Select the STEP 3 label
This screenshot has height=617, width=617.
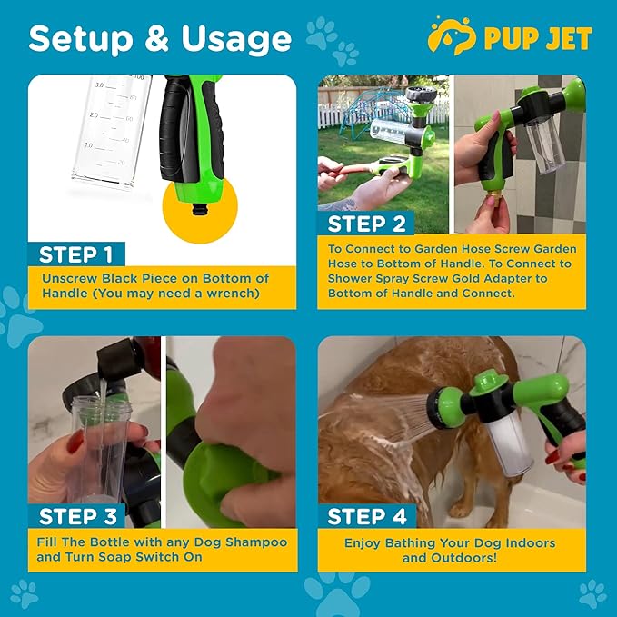[x=77, y=516]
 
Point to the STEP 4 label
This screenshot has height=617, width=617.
[x=367, y=516]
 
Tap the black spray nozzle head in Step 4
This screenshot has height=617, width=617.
[x=444, y=406]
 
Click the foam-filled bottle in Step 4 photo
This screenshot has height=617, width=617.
[x=493, y=441]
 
